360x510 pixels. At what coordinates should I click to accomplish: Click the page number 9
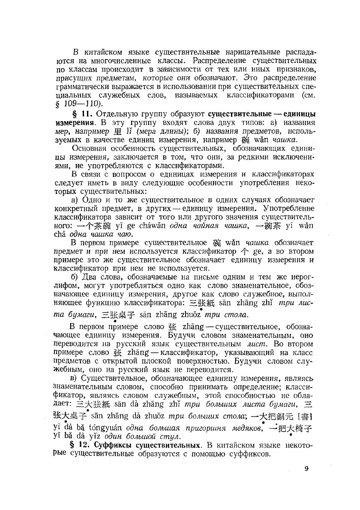[306, 468]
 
